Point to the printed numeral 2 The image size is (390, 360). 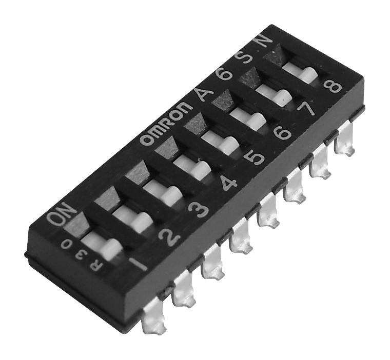click(x=167, y=235)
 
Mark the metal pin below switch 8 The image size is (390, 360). click(x=344, y=146)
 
